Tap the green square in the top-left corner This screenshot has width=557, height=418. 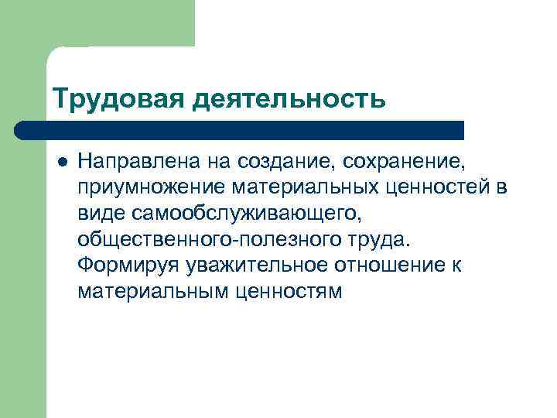[97, 23]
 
